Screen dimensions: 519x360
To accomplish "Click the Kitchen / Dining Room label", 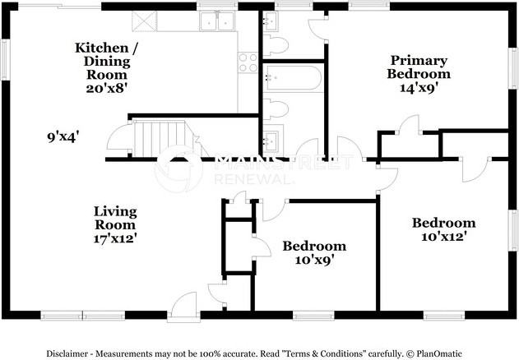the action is tap(107, 61).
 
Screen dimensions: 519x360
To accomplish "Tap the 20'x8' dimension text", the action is tap(107, 88).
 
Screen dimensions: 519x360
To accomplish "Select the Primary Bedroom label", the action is tap(419, 67).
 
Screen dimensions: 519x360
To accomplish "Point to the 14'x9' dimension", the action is tap(419, 88).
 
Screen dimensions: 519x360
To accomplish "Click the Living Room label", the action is tap(115, 218).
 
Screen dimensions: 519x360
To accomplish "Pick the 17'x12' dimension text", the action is tap(115, 238).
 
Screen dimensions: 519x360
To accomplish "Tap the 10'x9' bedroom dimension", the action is tap(313, 260).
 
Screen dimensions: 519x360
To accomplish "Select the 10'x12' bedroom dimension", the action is tap(444, 237).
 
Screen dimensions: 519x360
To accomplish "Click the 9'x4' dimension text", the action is tap(63, 136).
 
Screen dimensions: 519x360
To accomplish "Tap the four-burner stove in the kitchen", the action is tap(248, 62).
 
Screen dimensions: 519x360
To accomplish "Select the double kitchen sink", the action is tap(217, 21).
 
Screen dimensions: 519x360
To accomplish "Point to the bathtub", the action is tap(293, 78).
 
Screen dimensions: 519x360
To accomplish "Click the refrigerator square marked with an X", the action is tap(144, 21).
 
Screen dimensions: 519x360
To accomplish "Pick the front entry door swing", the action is tap(183, 307).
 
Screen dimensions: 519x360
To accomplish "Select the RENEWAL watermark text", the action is tap(253, 179).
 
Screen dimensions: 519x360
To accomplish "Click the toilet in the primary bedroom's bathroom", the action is tap(276, 44).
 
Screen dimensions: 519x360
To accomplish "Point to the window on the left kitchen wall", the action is tap(5, 59).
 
